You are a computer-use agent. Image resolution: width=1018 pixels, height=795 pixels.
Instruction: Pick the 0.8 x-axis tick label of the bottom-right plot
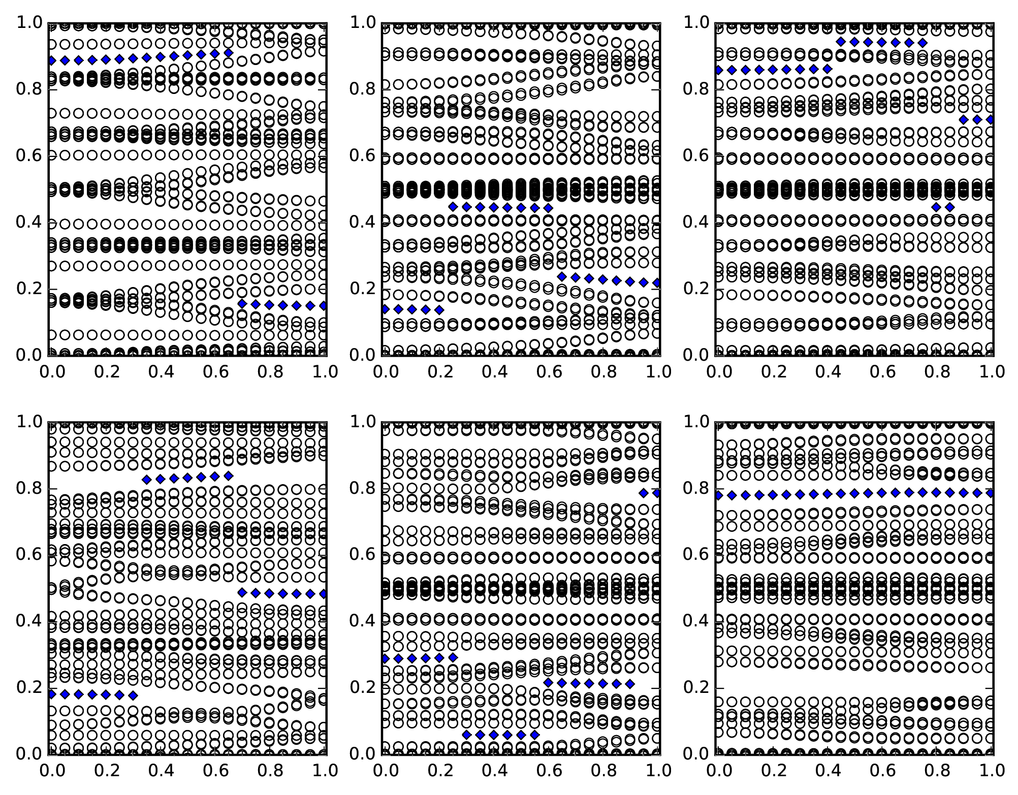(x=936, y=771)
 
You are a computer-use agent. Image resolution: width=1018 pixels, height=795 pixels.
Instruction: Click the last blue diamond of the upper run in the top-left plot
(x=229, y=53)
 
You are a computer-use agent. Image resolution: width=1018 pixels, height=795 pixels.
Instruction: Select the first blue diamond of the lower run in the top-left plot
(x=242, y=304)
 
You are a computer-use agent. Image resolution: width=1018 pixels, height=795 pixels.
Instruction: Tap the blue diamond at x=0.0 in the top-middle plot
(x=385, y=309)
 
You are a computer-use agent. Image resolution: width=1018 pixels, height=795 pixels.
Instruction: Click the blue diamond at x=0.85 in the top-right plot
(x=950, y=207)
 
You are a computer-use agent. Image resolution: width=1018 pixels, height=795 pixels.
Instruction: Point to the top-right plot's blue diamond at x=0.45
(x=841, y=42)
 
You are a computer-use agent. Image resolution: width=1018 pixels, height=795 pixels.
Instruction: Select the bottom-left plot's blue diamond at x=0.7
(x=242, y=592)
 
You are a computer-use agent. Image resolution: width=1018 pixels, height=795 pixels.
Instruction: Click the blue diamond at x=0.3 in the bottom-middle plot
(x=467, y=735)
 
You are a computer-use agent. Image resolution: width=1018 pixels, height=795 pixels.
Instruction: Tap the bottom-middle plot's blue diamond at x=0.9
(x=630, y=684)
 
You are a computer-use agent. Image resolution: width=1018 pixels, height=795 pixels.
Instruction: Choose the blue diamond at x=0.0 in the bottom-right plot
(x=718, y=495)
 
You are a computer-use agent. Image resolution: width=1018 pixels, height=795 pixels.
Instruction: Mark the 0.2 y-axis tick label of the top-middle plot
(x=362, y=289)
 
